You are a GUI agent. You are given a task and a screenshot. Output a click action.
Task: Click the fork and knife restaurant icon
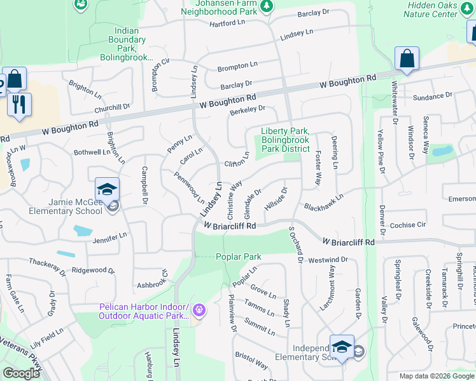(x=19, y=104)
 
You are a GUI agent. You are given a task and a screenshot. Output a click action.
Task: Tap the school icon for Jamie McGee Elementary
(x=107, y=189)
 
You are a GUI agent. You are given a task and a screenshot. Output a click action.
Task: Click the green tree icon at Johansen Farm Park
(x=268, y=6)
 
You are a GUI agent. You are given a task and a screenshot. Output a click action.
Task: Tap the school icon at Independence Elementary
(x=342, y=347)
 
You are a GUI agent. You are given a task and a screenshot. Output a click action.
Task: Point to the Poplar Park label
(x=239, y=257)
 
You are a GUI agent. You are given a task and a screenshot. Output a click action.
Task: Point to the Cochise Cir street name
(x=407, y=225)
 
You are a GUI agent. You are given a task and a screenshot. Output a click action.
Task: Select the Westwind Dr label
(x=327, y=260)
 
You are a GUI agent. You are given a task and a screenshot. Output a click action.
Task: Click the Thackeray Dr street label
(x=46, y=265)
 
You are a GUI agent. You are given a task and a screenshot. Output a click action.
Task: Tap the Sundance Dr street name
(x=432, y=97)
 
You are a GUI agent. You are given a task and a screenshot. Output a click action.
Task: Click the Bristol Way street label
(x=251, y=359)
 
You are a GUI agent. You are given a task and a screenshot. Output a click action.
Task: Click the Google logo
(x=21, y=373)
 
